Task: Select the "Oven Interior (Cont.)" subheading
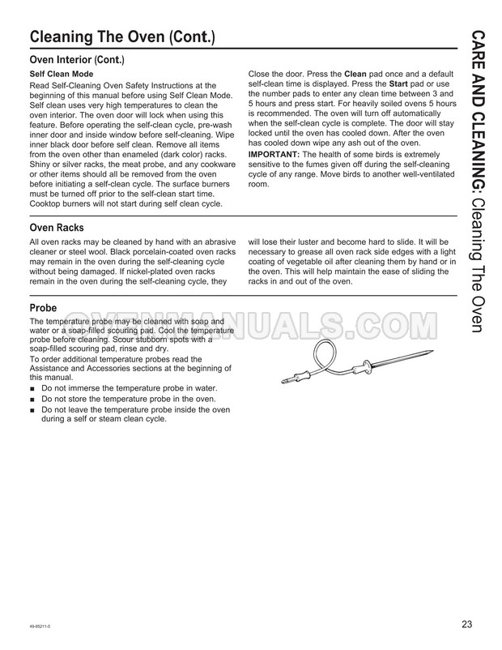click(76, 60)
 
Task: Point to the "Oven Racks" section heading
click(56, 228)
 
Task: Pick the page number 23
click(467, 624)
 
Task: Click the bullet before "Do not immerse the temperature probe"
click(32, 390)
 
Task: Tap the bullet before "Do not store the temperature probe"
click(32, 400)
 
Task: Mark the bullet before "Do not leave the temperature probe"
click(32, 410)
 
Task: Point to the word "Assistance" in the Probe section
click(52, 368)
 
